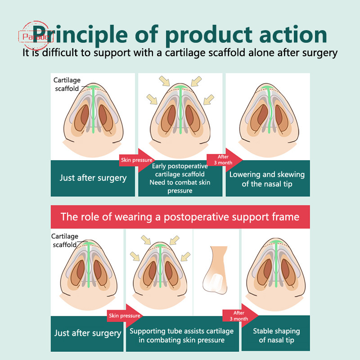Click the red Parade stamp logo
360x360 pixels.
36,36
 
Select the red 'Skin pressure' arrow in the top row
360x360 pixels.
137,160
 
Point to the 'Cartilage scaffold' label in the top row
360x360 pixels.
67,84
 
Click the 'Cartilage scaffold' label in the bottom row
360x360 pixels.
64,240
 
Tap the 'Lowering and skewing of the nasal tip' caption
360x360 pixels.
267,179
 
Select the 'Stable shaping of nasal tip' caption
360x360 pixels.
276,335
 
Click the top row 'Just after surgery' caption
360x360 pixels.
93,178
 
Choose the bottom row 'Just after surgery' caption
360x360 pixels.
87,333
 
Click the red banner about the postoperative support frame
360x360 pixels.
180,217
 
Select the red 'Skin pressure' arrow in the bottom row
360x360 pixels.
125,316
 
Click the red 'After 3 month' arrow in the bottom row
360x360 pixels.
240,316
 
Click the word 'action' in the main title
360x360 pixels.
293,35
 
